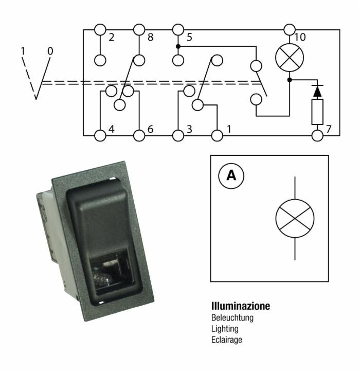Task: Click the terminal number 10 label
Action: click(300, 37)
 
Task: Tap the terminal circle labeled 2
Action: click(100, 30)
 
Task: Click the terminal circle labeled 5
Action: click(178, 30)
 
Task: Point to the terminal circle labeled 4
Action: click(100, 136)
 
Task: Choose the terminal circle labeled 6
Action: click(139, 136)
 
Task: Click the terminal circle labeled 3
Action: click(178, 136)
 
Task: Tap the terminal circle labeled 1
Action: click(217, 136)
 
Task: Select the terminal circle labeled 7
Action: click(317, 136)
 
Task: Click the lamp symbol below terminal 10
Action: click(290, 57)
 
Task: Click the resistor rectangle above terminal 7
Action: click(317, 112)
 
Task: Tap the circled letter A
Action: click(231, 176)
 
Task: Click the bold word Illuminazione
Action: click(240, 307)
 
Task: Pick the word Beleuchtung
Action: click(232, 318)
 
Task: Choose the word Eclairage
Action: click(226, 340)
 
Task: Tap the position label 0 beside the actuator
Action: click(50, 51)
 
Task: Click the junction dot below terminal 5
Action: click(178, 46)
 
